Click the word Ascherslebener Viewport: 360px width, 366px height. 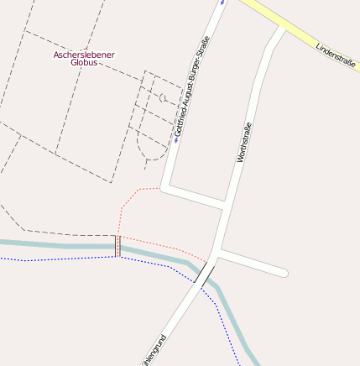pyautogui.click(x=84, y=55)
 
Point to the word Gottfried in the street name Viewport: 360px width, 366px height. pyautogui.click(x=180, y=122)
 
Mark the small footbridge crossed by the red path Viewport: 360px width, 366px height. pyautogui.click(x=117, y=246)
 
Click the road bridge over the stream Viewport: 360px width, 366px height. pyautogui.click(x=201, y=272)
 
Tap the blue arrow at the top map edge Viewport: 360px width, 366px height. pyautogui.click(x=222, y=3)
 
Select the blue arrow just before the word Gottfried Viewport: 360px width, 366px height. pyautogui.click(x=176, y=140)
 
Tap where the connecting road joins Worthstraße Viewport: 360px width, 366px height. pyautogui.click(x=225, y=204)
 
